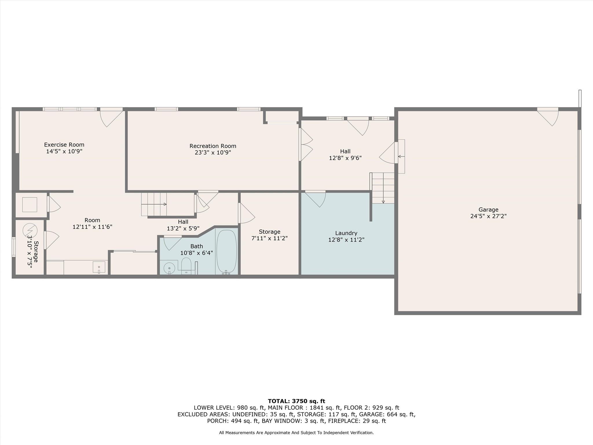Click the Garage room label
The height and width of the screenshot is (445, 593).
click(x=488, y=209)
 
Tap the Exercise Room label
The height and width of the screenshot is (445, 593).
click(x=64, y=145)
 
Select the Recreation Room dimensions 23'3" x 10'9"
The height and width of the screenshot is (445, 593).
click(x=213, y=153)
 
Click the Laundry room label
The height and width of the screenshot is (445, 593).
click(x=346, y=233)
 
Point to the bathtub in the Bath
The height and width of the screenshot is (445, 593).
click(x=226, y=251)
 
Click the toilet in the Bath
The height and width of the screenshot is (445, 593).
click(x=186, y=265)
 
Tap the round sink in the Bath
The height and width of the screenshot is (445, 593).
click(x=169, y=268)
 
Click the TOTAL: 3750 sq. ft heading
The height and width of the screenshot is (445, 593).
click(x=296, y=401)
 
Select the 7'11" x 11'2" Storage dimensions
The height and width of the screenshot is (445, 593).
click(x=270, y=238)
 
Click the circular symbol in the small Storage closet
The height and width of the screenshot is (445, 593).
click(x=30, y=231)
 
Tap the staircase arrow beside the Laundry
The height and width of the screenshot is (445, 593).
click(x=383, y=188)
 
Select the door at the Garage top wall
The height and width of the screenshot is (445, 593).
click(x=548, y=117)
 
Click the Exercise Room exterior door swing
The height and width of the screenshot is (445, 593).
click(x=111, y=117)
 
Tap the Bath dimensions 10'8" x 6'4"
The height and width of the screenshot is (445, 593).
click(x=197, y=253)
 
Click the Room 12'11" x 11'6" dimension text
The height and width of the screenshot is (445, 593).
click(x=92, y=227)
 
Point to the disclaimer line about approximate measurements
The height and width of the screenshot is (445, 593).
click(x=296, y=433)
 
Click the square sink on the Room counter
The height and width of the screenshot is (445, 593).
click(x=99, y=267)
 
